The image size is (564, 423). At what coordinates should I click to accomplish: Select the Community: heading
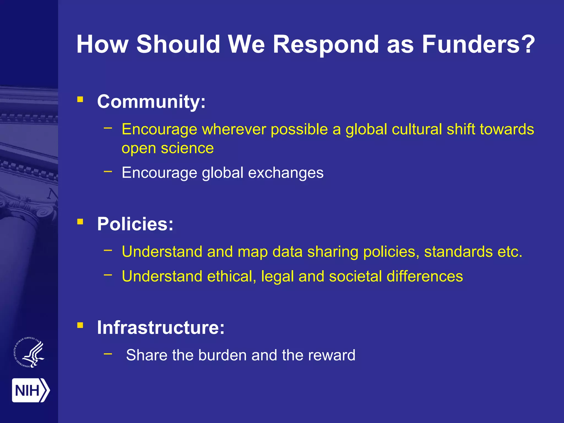coord(151,102)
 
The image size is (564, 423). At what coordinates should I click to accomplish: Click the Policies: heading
coord(135,224)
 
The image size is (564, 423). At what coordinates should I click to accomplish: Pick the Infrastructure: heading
coord(161,327)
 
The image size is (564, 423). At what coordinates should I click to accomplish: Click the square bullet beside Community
coord(80,99)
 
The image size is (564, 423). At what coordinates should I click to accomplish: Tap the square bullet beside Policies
coord(80,222)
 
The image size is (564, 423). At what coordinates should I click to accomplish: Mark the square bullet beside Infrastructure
coord(80,325)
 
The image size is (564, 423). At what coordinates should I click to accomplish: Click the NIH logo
coord(31,390)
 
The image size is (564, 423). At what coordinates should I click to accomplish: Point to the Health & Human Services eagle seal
coord(29,352)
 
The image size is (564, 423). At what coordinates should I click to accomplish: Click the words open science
coord(167,148)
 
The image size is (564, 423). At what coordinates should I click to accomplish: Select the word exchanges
coord(286,173)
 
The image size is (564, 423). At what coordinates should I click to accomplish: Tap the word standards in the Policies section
coord(458,252)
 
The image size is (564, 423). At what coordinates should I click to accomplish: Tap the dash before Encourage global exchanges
coord(108,172)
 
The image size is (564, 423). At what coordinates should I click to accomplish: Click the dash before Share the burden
coord(108,353)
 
